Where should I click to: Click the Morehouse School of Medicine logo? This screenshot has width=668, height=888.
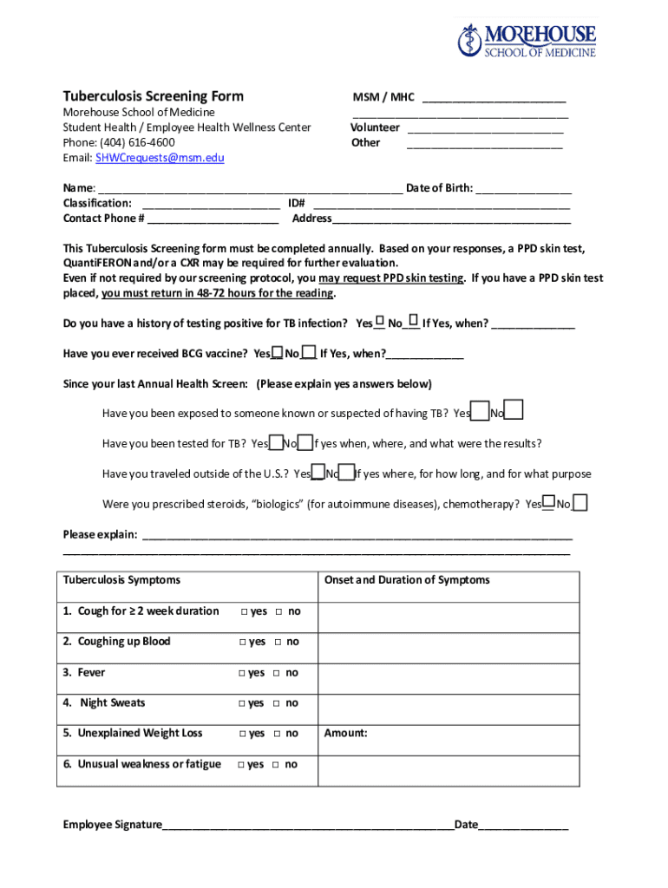[527, 41]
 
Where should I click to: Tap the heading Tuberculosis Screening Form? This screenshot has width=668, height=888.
[154, 96]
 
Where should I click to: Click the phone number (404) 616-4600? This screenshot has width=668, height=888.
[137, 142]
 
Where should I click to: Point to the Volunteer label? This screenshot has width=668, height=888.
[375, 127]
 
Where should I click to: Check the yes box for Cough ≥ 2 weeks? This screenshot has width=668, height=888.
[245, 612]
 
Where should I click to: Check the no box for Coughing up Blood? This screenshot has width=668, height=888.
[278, 643]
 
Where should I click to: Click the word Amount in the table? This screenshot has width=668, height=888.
[345, 734]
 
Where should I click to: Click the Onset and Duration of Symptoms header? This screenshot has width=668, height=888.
[407, 580]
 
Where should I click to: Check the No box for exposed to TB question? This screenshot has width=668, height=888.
[514, 410]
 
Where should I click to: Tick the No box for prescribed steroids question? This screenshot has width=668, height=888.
[580, 503]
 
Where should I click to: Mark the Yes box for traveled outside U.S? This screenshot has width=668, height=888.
[318, 473]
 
